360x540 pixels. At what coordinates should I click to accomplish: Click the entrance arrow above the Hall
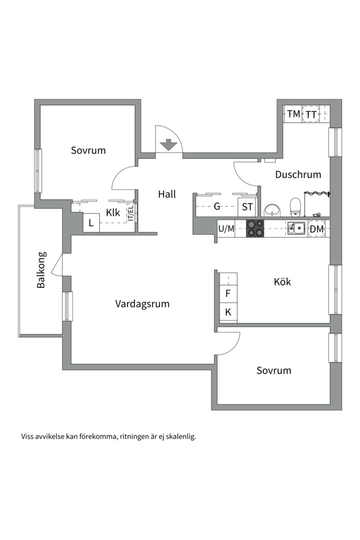pyautogui.click(x=167, y=144)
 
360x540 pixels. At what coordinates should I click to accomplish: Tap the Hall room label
pyautogui.click(x=167, y=194)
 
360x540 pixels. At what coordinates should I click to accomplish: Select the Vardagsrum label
pyautogui.click(x=142, y=304)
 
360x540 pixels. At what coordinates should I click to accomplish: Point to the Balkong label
pyautogui.click(x=41, y=270)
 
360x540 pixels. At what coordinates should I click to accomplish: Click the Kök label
pyautogui.click(x=282, y=281)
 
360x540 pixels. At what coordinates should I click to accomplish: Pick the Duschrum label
pyautogui.click(x=298, y=174)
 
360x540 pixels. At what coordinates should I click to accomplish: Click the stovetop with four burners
pyautogui.click(x=255, y=228)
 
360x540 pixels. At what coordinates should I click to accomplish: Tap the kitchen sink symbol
pyautogui.click(x=296, y=228)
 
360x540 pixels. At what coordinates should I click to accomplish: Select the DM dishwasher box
pyautogui.click(x=316, y=228)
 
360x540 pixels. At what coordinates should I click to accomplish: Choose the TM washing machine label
pyautogui.click(x=293, y=114)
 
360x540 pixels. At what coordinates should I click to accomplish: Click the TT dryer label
pyautogui.click(x=311, y=114)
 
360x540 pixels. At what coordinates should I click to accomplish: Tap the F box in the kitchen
pyautogui.click(x=228, y=294)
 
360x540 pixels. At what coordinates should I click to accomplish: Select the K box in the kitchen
pyautogui.click(x=228, y=312)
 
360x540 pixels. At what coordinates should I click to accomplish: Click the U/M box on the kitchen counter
pyautogui.click(x=226, y=228)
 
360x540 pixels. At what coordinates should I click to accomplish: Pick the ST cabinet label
pyautogui.click(x=247, y=207)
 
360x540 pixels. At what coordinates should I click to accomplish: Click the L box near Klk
pyautogui.click(x=91, y=222)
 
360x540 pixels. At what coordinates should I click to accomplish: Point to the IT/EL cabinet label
pyautogui.click(x=131, y=213)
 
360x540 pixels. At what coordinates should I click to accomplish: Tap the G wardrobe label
pyautogui.click(x=217, y=206)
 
